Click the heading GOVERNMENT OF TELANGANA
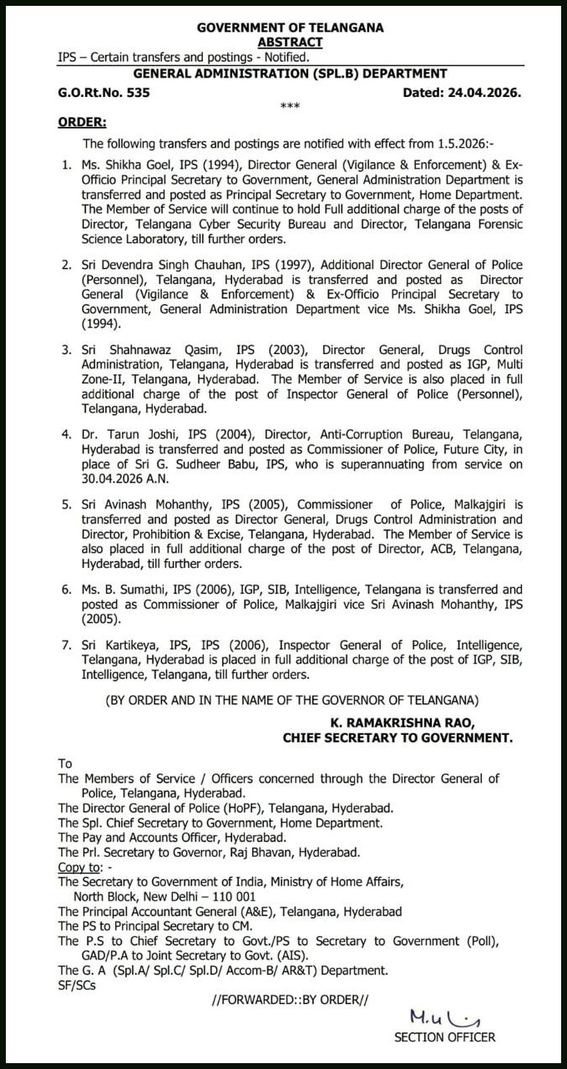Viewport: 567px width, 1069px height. tap(290, 28)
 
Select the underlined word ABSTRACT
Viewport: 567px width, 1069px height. tap(290, 42)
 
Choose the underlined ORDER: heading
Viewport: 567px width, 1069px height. tap(82, 123)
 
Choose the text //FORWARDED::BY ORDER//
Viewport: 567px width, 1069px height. tap(290, 1000)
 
